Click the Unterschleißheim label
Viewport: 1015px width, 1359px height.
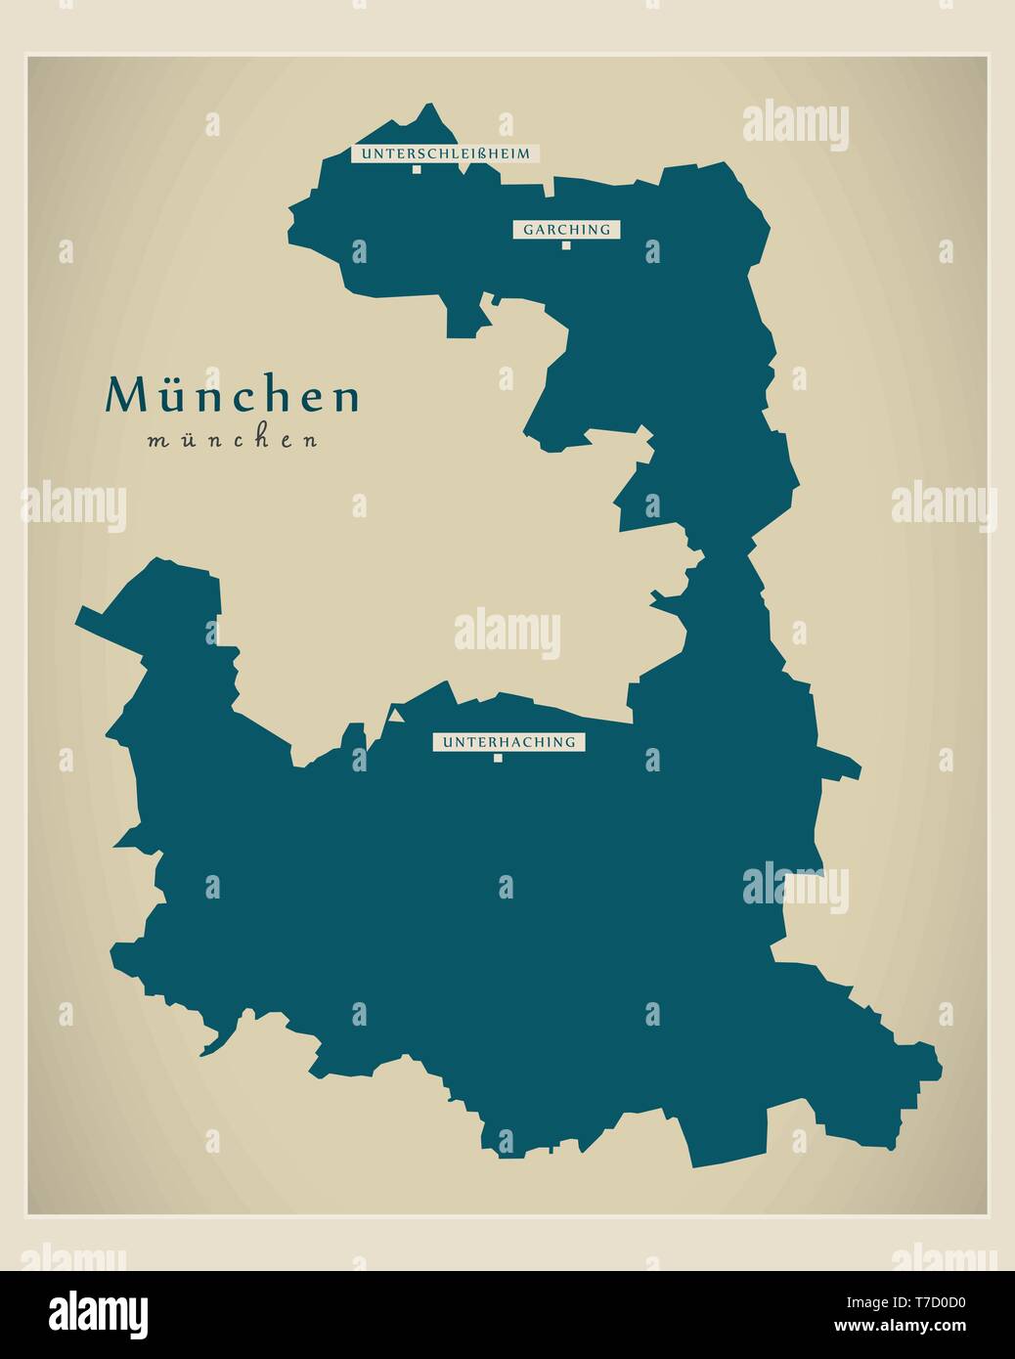click(x=445, y=153)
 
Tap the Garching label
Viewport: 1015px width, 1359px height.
click(x=566, y=230)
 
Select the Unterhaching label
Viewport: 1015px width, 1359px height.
click(x=508, y=742)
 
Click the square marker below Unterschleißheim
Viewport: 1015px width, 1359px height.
click(x=416, y=169)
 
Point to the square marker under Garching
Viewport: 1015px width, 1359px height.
click(x=565, y=245)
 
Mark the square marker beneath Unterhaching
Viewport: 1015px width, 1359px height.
click(x=498, y=758)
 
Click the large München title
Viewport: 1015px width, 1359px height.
click(x=233, y=396)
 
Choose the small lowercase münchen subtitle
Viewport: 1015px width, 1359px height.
click(x=233, y=440)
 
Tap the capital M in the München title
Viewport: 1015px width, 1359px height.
click(x=125, y=396)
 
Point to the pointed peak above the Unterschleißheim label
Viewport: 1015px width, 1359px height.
click(x=427, y=107)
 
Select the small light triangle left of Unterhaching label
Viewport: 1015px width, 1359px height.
click(x=396, y=716)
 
